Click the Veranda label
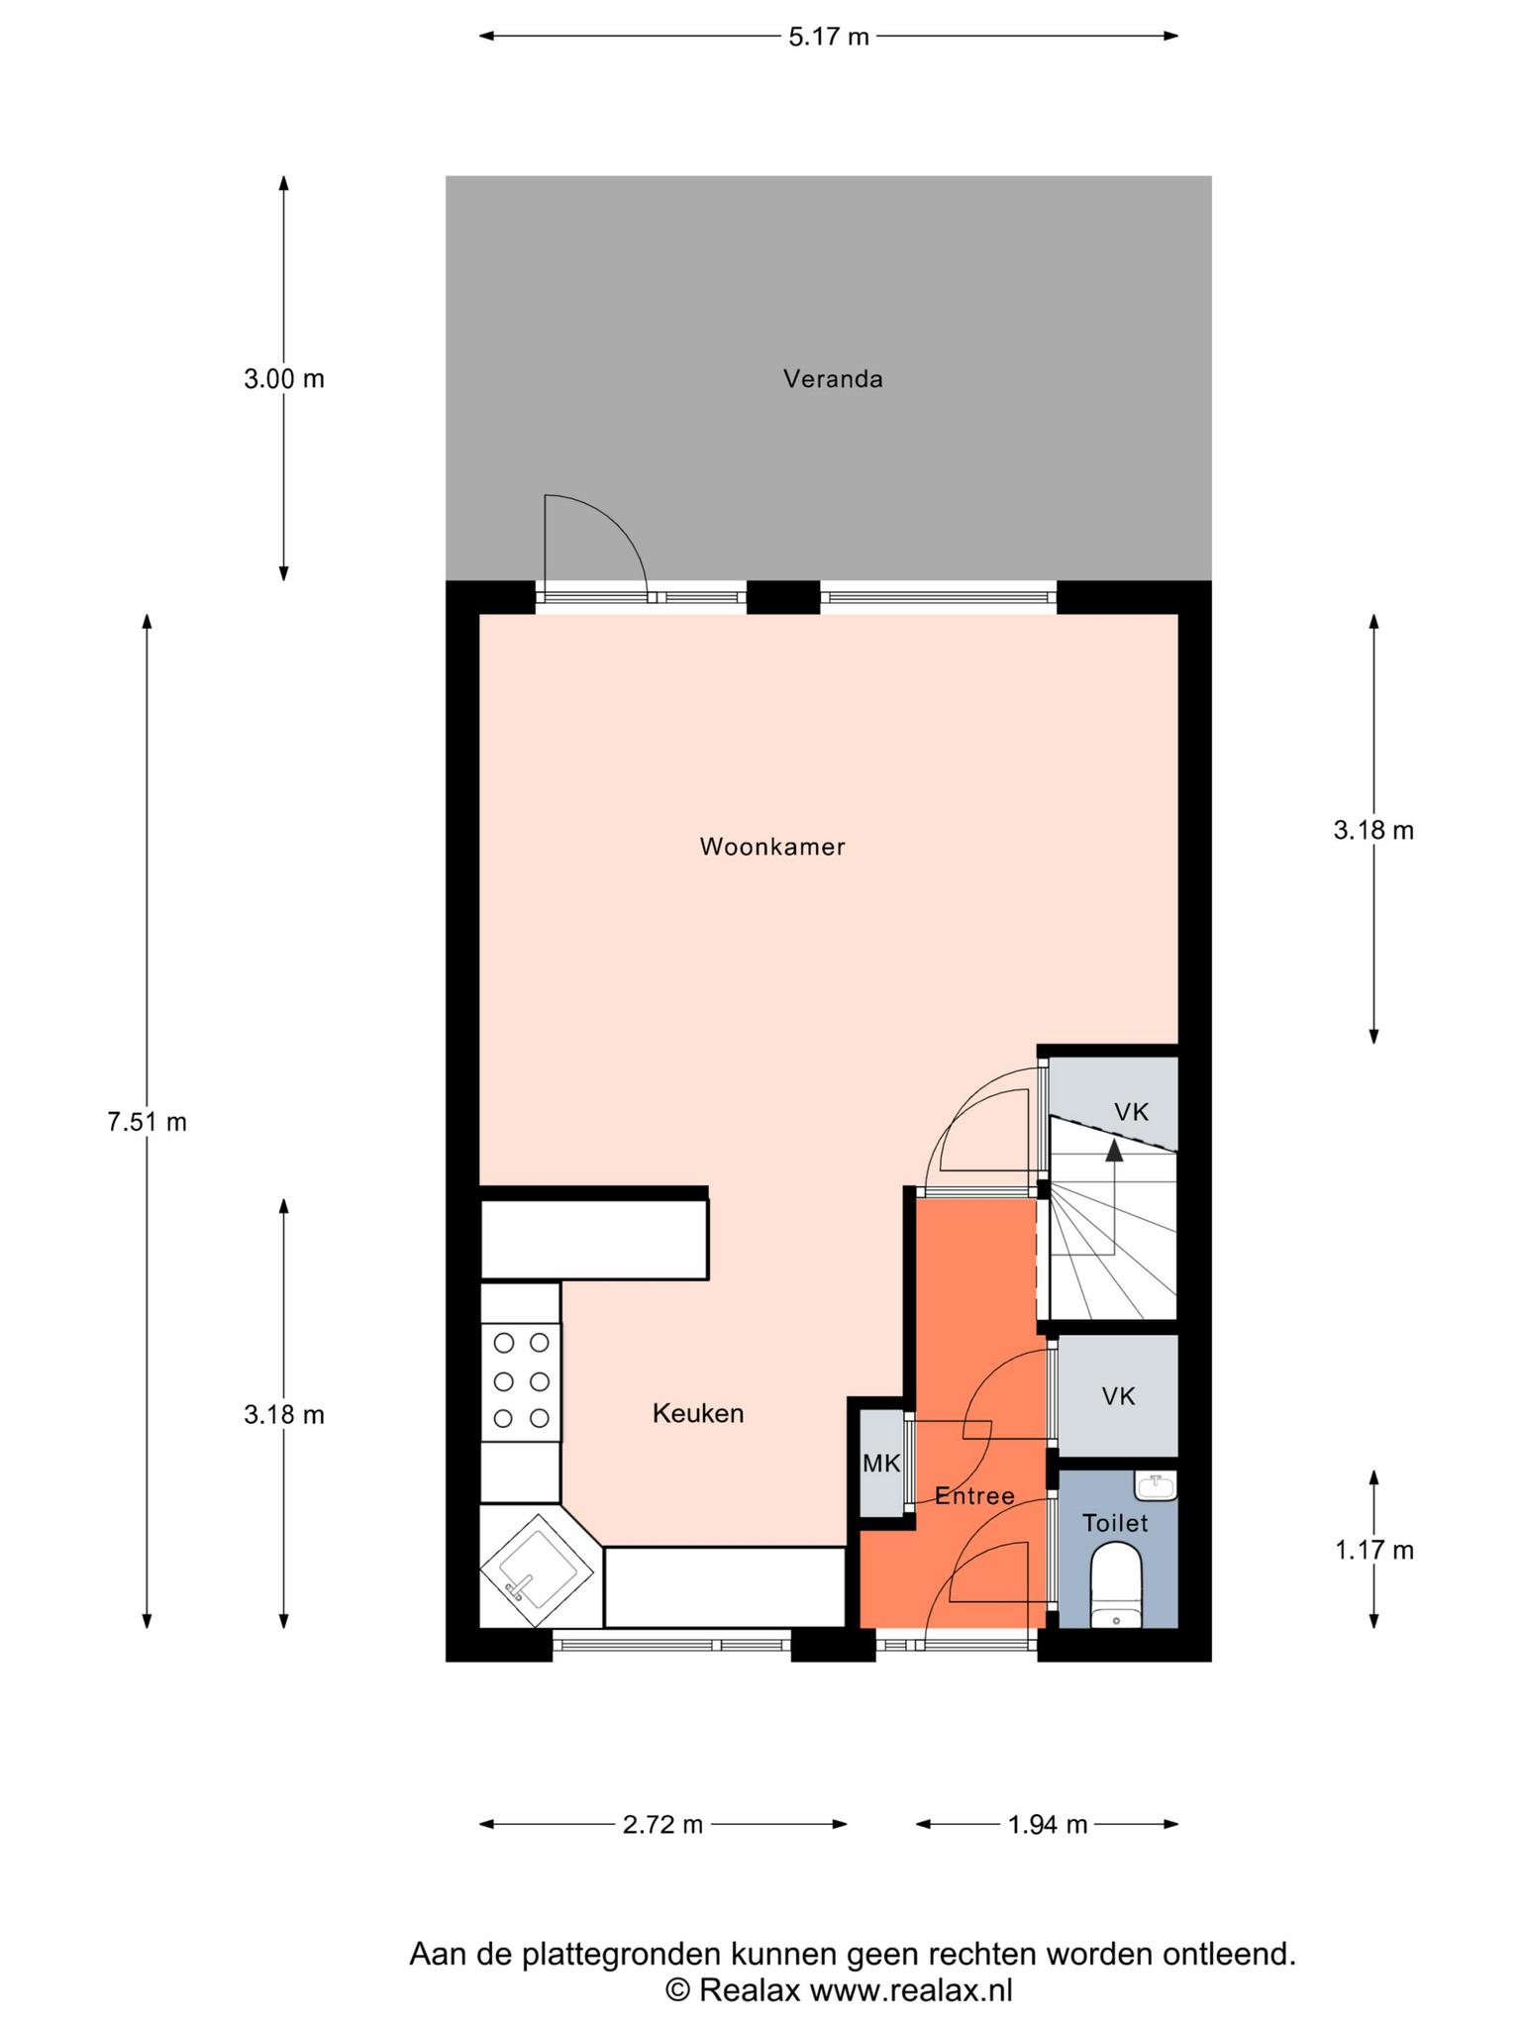[833, 378]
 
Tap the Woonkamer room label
[772, 847]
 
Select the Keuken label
[698, 1413]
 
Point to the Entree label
[975, 1495]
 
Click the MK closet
[881, 1463]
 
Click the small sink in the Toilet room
[1156, 1485]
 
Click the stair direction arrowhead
[1115, 1150]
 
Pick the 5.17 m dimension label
[829, 38]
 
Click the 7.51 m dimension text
[147, 1122]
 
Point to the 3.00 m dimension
[284, 378]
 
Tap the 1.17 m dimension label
[1374, 1550]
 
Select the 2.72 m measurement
[662, 1824]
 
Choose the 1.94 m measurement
[1048, 1824]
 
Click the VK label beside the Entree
[1119, 1396]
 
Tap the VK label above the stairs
[1132, 1112]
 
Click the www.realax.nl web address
[911, 1989]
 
